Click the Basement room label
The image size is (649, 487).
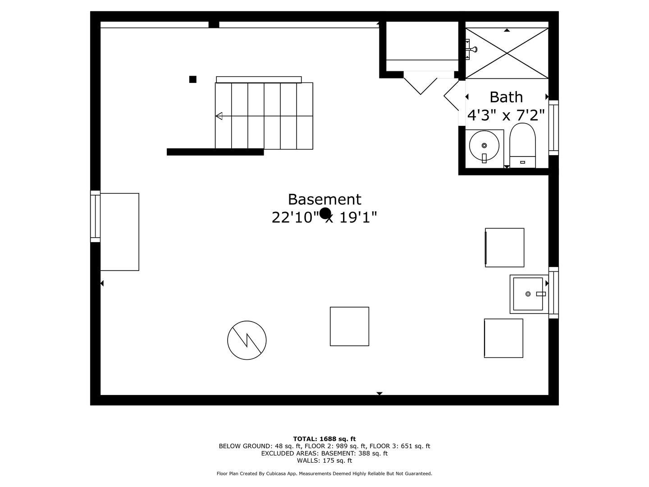click(324, 199)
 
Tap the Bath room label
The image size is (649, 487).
click(506, 97)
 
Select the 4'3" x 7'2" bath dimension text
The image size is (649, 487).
click(506, 115)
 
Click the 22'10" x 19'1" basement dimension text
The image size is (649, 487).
click(324, 218)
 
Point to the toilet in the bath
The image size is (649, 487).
click(522, 146)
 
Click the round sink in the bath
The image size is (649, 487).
click(484, 146)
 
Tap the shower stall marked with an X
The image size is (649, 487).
click(507, 53)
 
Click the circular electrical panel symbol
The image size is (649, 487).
click(247, 340)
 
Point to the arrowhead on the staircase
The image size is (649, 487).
click(219, 116)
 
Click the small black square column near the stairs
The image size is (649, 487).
click(193, 79)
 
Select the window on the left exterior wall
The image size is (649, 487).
click(95, 216)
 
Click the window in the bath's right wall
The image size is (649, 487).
click(553, 128)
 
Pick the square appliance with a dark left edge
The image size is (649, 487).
click(504, 248)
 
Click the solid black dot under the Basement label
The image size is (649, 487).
click(325, 213)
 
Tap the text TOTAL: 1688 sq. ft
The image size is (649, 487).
click(324, 439)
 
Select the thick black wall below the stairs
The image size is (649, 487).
click(215, 152)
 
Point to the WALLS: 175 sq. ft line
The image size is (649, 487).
click(324, 460)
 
